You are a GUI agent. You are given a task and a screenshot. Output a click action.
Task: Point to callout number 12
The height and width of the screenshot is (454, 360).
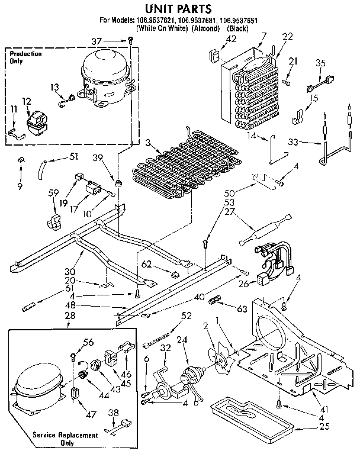click(x=26, y=101)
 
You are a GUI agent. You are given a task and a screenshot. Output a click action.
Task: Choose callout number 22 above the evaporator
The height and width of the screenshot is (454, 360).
click(x=288, y=37)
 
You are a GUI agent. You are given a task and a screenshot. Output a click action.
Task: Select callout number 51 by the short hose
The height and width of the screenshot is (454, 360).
click(x=73, y=156)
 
